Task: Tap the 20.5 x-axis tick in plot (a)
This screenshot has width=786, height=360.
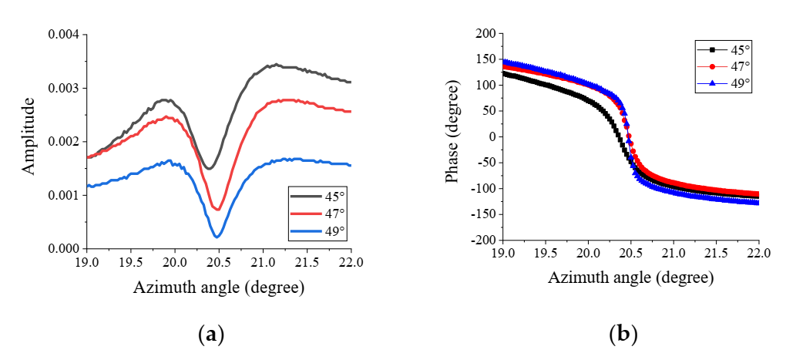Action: [x=219, y=263]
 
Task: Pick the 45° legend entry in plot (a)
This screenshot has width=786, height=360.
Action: [x=319, y=197]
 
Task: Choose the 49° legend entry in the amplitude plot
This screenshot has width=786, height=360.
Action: [x=319, y=229]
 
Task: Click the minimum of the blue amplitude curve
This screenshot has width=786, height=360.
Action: [x=217, y=237]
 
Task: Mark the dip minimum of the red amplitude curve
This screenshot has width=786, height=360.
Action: [x=217, y=209]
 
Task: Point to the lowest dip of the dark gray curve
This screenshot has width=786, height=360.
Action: [x=209, y=168]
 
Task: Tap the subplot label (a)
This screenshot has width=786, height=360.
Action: [x=210, y=334]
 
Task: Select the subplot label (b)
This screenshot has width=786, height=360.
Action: [x=623, y=334]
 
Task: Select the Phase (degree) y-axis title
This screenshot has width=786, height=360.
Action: [x=452, y=136]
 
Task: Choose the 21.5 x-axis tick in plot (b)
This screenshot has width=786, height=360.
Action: [x=717, y=254]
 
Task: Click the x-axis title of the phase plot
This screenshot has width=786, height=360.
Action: [x=630, y=277]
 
